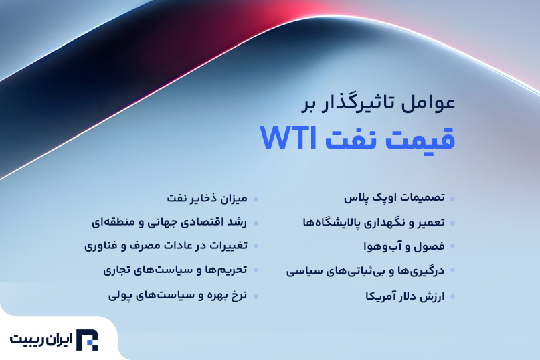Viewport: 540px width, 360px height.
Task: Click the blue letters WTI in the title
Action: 288,138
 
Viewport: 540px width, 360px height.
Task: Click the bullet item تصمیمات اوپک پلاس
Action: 394,198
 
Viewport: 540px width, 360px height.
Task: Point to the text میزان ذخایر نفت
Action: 207,198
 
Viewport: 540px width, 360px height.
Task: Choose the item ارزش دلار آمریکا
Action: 405,296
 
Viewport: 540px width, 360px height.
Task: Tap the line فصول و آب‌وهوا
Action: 404,246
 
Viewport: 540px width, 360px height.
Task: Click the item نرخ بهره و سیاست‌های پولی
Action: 178,296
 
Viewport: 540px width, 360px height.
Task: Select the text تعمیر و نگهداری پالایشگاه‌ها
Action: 373,223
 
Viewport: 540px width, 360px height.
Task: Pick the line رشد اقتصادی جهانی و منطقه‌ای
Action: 169,222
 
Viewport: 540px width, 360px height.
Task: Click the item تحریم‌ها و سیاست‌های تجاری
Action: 175,270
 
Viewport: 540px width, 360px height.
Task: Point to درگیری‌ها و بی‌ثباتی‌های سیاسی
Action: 365,271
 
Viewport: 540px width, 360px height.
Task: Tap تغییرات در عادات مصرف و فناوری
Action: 166,246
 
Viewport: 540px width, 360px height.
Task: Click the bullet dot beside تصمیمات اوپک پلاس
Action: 452,199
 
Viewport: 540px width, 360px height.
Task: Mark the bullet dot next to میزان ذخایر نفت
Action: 256,199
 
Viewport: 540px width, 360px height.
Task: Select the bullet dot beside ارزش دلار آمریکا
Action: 452,296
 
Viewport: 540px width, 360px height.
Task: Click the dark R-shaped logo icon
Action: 87,340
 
